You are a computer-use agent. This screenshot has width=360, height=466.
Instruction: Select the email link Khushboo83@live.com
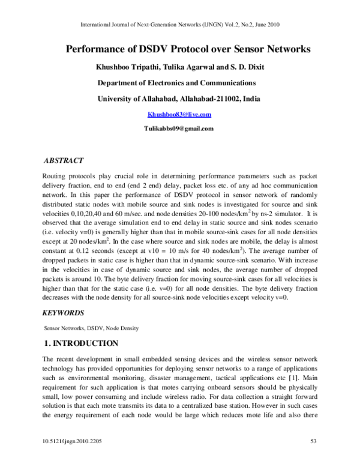pos(179,114)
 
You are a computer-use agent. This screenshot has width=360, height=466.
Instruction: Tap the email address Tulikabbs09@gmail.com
pos(179,129)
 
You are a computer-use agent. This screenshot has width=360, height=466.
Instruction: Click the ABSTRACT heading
pos(65,161)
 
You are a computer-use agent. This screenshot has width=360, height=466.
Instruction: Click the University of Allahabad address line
pos(179,98)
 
